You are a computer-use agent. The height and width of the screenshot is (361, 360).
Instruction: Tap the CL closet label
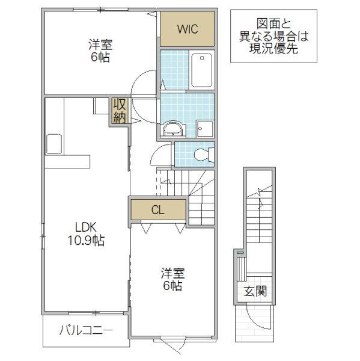[157, 210]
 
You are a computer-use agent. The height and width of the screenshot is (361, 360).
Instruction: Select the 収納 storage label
[118, 111]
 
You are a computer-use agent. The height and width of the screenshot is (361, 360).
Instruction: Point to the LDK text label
[86, 227]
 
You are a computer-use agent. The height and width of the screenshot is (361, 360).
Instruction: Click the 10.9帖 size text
[86, 241]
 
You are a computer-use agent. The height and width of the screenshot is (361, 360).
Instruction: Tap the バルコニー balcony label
[85, 330]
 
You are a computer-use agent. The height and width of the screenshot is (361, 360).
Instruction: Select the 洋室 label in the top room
[100, 45]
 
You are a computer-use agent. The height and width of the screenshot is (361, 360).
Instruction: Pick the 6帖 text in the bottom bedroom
[171, 286]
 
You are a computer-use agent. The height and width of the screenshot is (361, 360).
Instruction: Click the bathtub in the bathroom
[201, 70]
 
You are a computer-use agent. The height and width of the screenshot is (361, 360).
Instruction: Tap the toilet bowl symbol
[204, 155]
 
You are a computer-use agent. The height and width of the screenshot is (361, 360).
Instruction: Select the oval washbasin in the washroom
[174, 128]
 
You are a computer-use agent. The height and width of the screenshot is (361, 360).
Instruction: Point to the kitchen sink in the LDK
[54, 144]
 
